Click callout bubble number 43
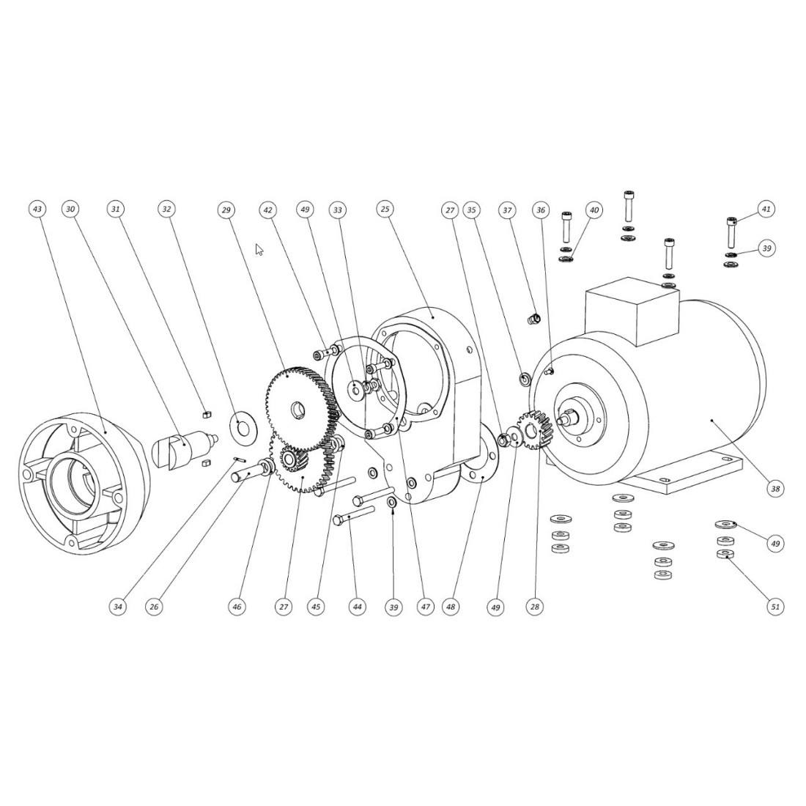coord(37,209)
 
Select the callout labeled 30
coord(70,209)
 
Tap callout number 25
coord(385,210)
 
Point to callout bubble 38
coord(775,488)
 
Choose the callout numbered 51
coord(775,606)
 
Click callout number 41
coord(766,210)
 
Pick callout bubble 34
coord(117,607)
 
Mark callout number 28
coord(535,607)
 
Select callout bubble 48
coord(451,607)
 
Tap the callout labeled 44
coord(357,607)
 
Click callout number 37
coord(506,210)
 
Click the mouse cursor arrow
coord(259,249)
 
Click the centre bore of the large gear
coord(299,407)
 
